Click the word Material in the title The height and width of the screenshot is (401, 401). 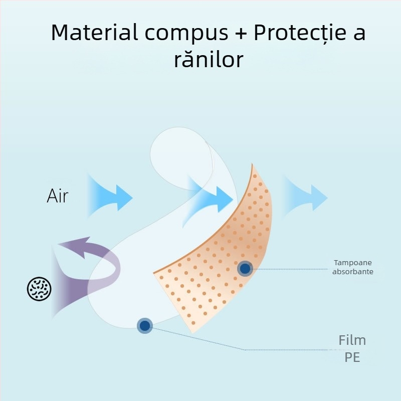click(94, 33)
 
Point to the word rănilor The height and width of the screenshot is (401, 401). click(209, 60)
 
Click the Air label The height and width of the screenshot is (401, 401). click(57, 196)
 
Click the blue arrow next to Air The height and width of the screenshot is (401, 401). click(110, 195)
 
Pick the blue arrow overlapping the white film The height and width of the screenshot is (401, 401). click(211, 195)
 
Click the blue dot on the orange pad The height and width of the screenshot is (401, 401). click(245, 269)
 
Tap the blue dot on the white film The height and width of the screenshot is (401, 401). click(145, 326)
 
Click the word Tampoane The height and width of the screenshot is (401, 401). click(352, 263)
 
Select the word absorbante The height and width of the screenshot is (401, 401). click(352, 272)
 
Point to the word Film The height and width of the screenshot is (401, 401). click(352, 340)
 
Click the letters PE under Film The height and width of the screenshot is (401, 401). click(352, 357)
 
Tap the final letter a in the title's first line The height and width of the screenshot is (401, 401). click(359, 34)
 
